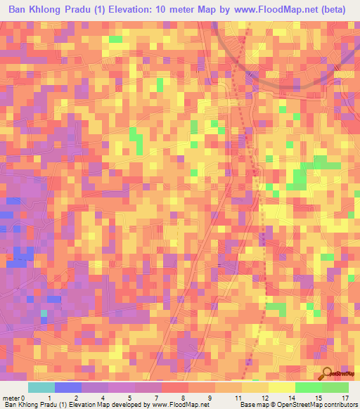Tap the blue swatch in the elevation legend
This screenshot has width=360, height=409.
[x=68, y=387]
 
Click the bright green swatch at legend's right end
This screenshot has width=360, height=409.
[x=335, y=387]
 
